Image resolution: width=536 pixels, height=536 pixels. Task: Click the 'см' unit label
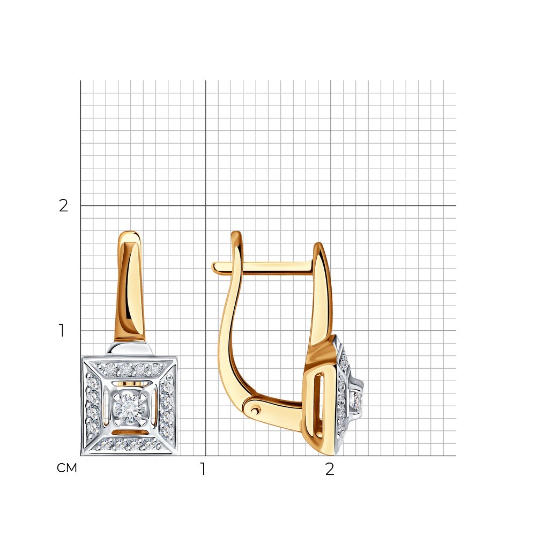pos(66,468)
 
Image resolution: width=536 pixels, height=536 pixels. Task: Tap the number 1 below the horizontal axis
pos(203,469)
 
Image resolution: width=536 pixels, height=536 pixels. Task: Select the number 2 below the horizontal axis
pos(330,469)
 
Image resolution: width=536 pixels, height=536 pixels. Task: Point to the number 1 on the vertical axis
pos(62,331)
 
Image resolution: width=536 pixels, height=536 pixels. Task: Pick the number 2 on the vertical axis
pos(64,205)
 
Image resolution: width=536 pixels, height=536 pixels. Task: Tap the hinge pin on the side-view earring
pos(255,408)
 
